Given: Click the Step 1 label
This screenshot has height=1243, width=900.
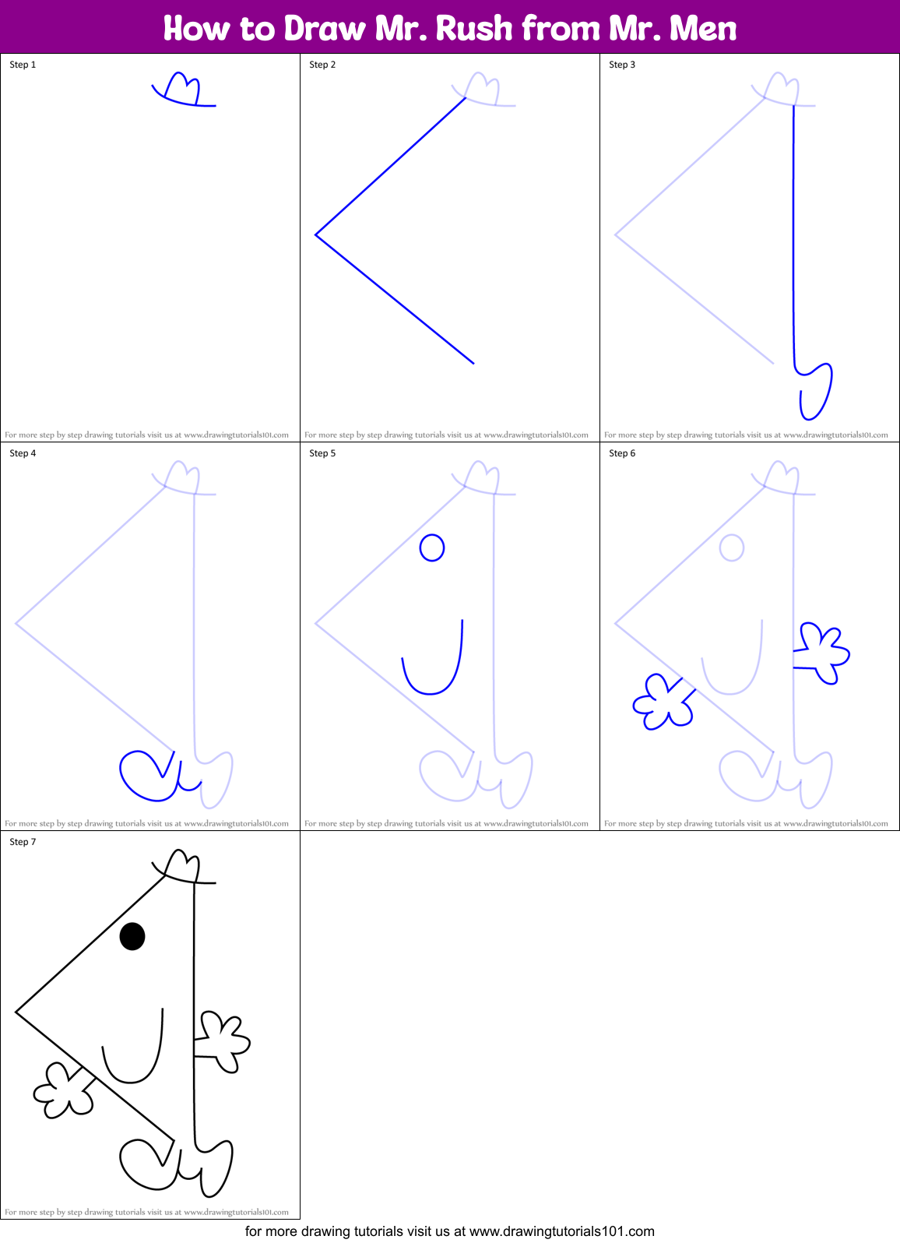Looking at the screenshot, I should coord(23,65).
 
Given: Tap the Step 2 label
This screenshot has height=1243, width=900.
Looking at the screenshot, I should coord(322,65).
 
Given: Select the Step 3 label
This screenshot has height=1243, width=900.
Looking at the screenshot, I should coord(622,65).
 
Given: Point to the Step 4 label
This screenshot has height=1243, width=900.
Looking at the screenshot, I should coord(23,453).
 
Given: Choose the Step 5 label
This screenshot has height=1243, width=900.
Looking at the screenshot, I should coord(322,453).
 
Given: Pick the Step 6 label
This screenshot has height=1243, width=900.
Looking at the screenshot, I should coord(622,453).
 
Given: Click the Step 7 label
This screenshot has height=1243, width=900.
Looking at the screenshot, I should coord(23,842).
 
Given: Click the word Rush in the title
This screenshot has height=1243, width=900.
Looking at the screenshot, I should coord(474,29).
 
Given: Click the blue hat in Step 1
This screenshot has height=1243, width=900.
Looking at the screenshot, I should coord(182,91).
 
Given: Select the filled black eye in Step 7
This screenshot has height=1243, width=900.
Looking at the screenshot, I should coord(132,936).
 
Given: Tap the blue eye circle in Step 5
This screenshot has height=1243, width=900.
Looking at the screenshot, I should coord(432,548).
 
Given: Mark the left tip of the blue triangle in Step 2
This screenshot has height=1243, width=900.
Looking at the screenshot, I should coord(316,234).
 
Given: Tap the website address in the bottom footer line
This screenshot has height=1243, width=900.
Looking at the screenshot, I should coord(561,1231).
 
